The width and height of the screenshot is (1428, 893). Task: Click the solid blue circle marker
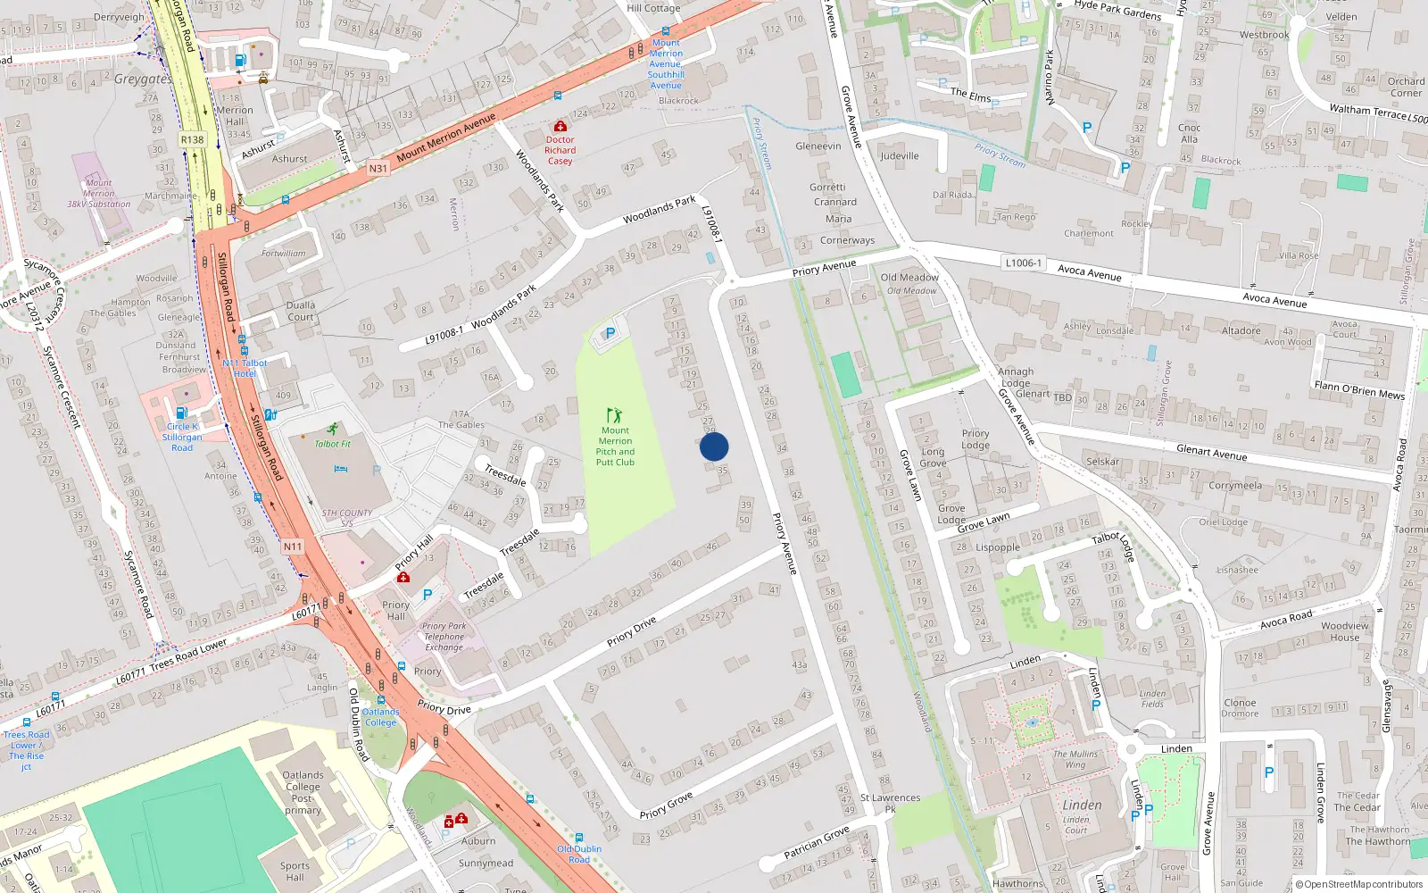pyautogui.click(x=714, y=446)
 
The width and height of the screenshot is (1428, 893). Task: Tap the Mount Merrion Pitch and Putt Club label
pyautogui.click(x=615, y=446)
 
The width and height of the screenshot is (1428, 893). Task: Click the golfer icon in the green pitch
pyautogui.click(x=614, y=415)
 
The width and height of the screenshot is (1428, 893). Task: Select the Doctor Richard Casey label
pyautogui.click(x=560, y=150)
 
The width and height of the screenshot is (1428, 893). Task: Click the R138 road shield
pyautogui.click(x=192, y=139)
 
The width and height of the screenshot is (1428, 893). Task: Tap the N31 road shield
pyautogui.click(x=378, y=168)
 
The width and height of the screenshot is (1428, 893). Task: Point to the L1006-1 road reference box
pyautogui.click(x=1023, y=263)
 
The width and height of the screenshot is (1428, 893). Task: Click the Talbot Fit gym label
pyautogui.click(x=333, y=444)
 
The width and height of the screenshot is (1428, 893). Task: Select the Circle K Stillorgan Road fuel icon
pyautogui.click(x=181, y=413)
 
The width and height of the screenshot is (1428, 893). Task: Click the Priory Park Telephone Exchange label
pyautogui.click(x=444, y=637)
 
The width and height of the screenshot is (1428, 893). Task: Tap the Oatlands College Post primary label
pyautogui.click(x=303, y=793)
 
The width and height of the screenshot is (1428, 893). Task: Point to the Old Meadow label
pyautogui.click(x=909, y=278)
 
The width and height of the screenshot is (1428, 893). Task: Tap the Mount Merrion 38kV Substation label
pyautogui.click(x=98, y=194)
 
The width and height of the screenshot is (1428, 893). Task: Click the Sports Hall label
pyautogui.click(x=295, y=871)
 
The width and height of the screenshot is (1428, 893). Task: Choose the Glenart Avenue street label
pyautogui.click(x=1211, y=452)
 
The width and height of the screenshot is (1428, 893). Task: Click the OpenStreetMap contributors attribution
pyautogui.click(x=1358, y=884)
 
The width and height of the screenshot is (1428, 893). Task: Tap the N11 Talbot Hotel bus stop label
pyautogui.click(x=245, y=368)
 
